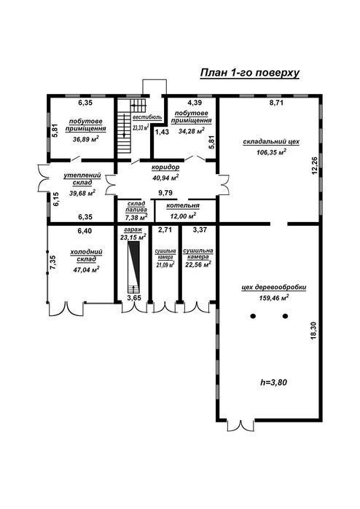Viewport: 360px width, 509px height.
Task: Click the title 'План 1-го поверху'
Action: coord(249,73)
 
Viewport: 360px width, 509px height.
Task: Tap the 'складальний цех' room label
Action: coord(271,142)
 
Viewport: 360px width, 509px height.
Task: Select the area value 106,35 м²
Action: coord(271,152)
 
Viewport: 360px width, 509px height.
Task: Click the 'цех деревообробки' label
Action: coord(274,288)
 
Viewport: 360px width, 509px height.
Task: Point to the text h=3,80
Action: coord(273,382)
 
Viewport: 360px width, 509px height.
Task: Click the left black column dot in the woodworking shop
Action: coord(253,316)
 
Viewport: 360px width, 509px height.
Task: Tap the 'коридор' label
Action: coord(165,167)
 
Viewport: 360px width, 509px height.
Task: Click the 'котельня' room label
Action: coord(183,206)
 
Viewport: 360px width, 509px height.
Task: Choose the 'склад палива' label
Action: coord(136,207)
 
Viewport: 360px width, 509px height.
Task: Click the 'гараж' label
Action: coord(133,229)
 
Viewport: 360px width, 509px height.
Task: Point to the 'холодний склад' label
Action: coord(87,256)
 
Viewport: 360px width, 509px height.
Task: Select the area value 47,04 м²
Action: coord(87,269)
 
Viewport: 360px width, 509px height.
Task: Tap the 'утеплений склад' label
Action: coord(82,179)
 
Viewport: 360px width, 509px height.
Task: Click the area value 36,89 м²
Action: coord(86,139)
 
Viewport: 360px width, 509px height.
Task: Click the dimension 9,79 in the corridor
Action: coord(165,193)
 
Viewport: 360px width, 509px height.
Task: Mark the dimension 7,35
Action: coord(54,263)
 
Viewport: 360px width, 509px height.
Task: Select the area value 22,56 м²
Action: coord(198,264)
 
